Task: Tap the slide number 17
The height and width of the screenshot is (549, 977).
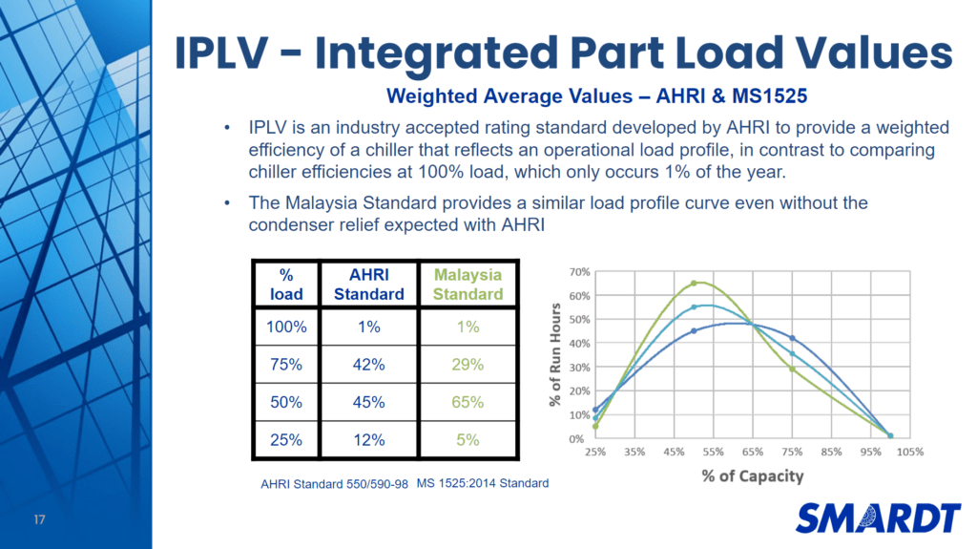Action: tap(39, 520)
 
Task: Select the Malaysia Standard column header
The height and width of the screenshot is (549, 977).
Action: tap(468, 284)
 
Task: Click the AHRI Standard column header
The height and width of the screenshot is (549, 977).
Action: tap(368, 284)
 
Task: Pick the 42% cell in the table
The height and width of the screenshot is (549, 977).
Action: tap(368, 364)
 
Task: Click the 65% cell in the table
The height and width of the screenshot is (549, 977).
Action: tap(468, 402)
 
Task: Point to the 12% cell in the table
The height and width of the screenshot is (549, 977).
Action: tap(368, 439)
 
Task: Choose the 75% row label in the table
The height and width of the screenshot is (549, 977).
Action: tap(286, 364)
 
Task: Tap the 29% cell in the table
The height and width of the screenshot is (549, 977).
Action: tap(468, 364)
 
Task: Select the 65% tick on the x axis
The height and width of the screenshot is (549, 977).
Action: tap(753, 452)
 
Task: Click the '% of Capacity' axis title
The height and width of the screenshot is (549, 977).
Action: tap(753, 475)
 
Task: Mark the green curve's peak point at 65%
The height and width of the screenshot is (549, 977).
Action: tap(694, 283)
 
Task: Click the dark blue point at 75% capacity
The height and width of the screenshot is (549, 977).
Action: tap(792, 338)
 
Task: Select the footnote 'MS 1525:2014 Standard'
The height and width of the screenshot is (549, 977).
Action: tap(483, 483)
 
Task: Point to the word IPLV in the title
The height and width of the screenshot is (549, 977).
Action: tap(232, 53)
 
